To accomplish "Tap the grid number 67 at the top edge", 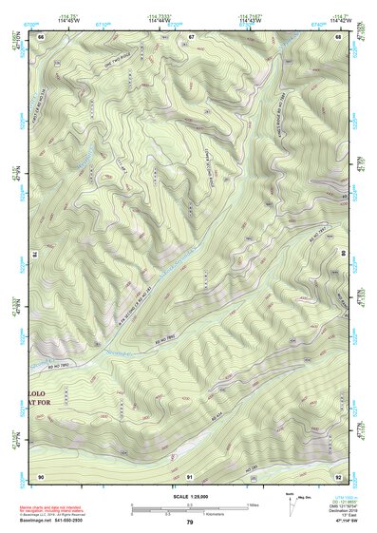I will (191, 36).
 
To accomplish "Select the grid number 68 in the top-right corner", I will (338, 36).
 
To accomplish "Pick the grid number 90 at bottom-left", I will (41, 475).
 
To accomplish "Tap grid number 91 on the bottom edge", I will (190, 475).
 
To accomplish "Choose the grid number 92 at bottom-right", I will (338, 475).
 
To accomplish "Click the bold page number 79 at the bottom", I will (190, 523).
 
